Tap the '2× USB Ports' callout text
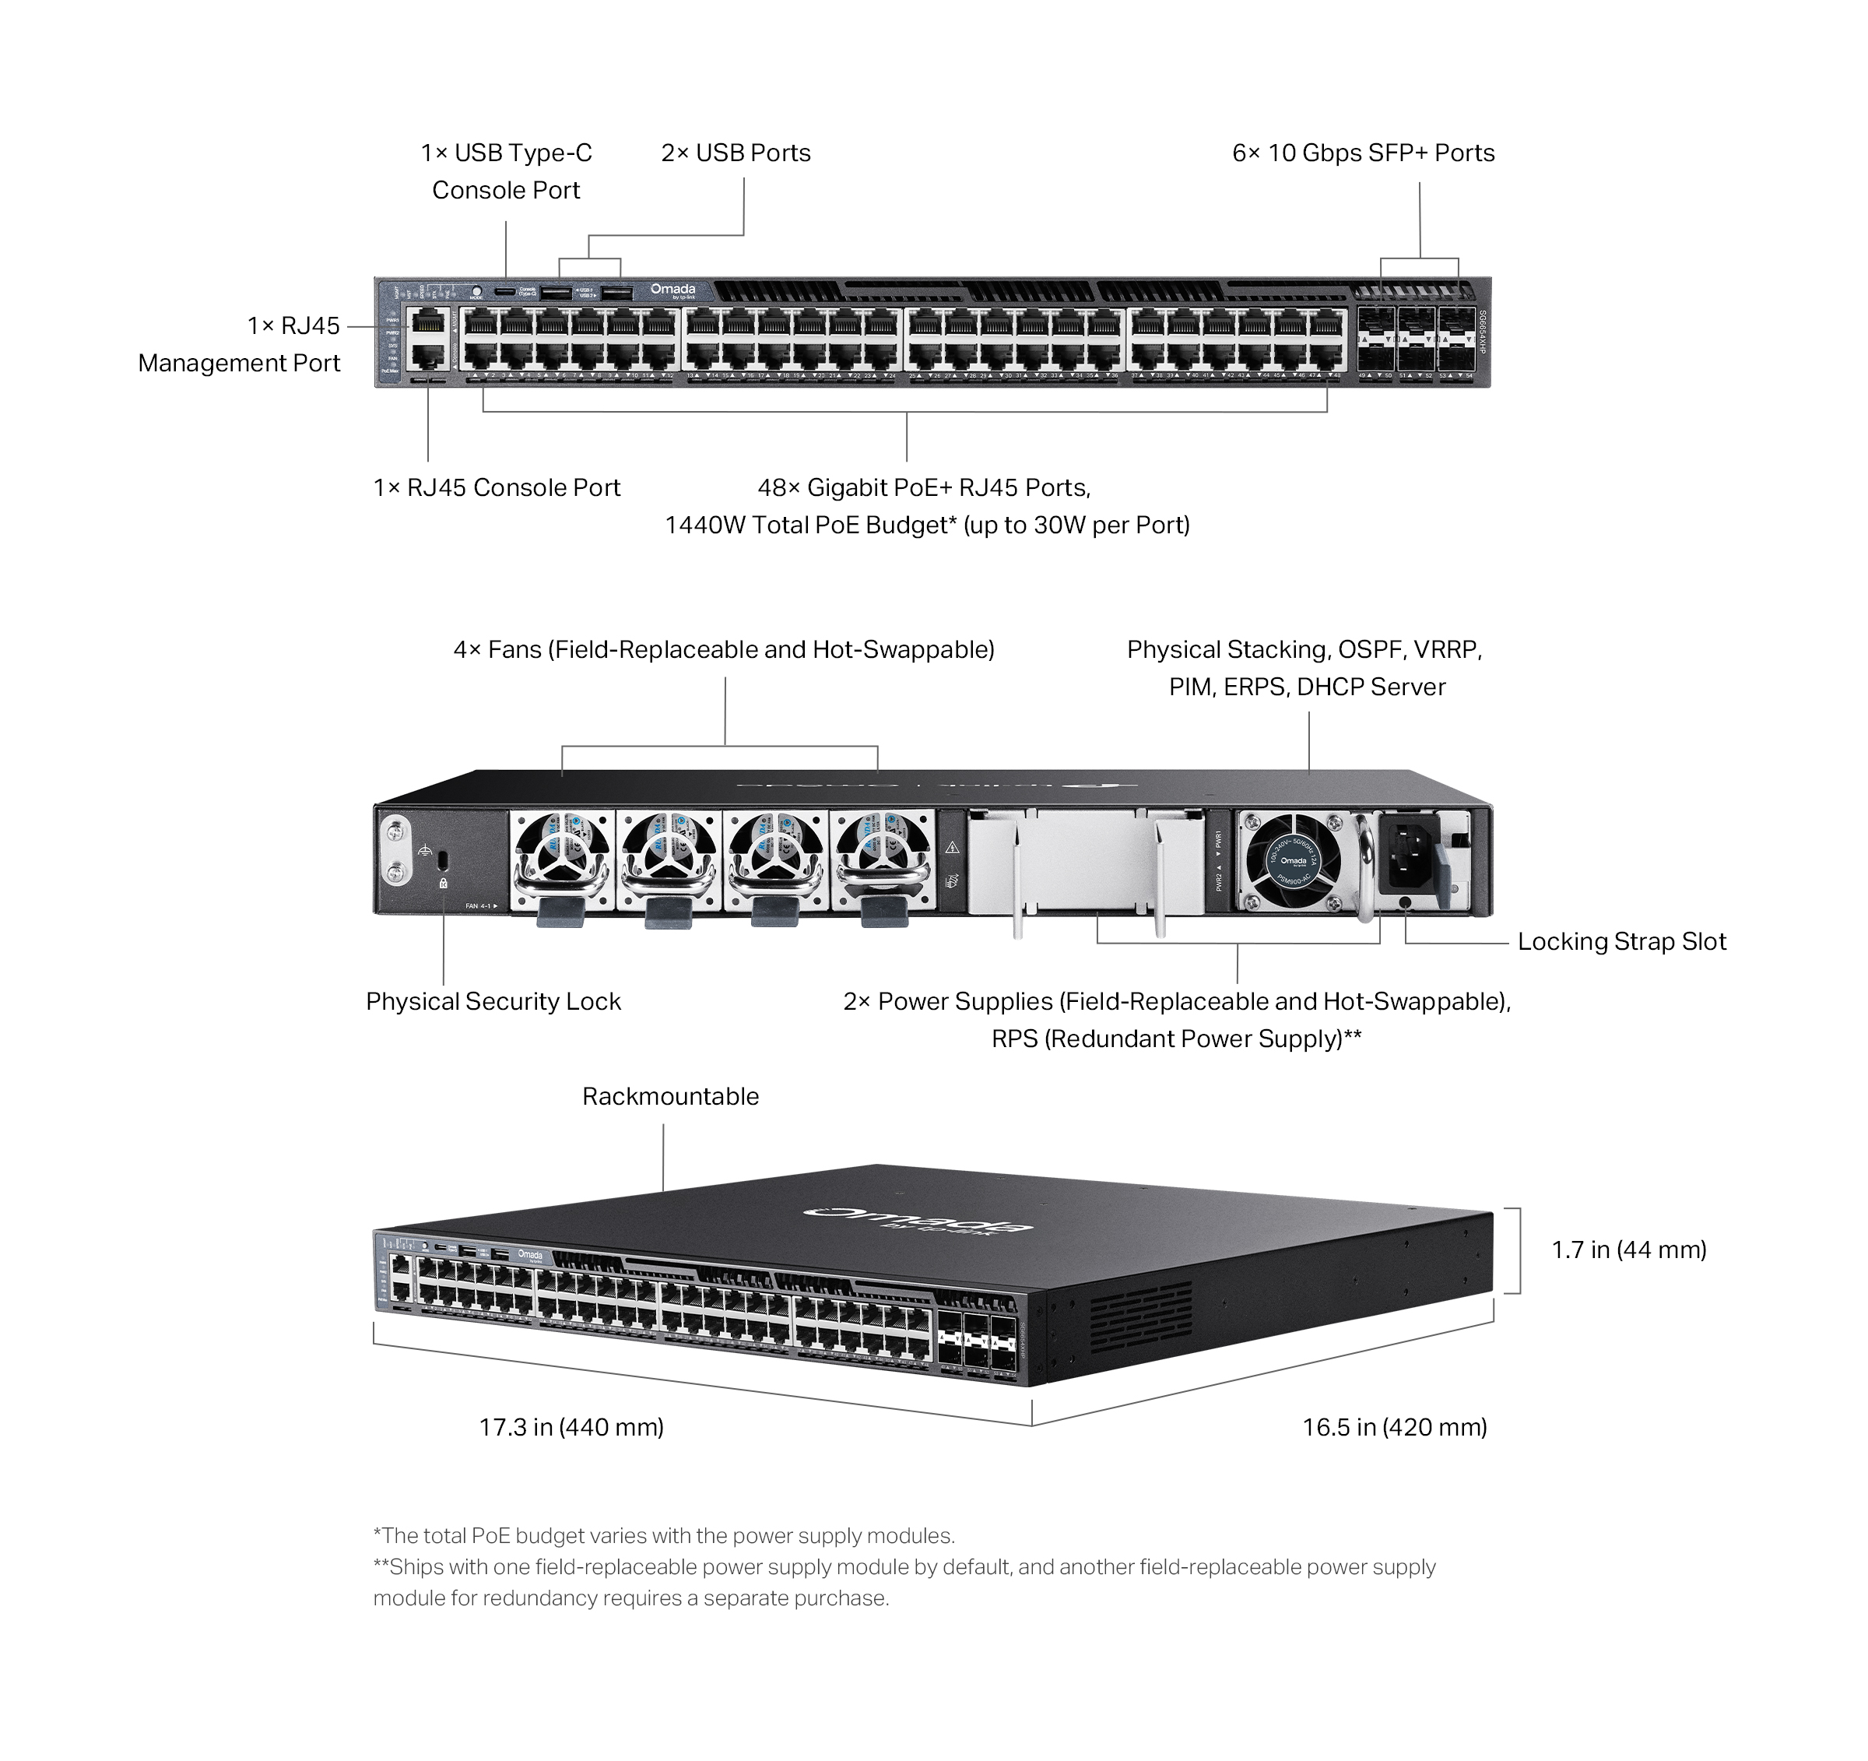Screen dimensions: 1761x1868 (x=735, y=153)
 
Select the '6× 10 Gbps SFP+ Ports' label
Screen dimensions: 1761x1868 (x=1363, y=153)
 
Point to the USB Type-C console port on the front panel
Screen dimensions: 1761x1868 (x=504, y=291)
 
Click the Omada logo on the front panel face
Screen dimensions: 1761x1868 (x=672, y=290)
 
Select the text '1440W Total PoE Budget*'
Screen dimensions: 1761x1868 (x=811, y=525)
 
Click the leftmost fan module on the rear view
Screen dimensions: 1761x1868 (x=561, y=859)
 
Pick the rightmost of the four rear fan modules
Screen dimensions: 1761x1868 (x=883, y=859)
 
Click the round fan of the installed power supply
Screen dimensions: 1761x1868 (x=1293, y=859)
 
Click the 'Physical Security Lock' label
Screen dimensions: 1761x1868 (x=493, y=1002)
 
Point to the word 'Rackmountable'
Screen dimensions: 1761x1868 (x=670, y=1097)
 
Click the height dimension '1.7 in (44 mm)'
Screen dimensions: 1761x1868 (x=1627, y=1250)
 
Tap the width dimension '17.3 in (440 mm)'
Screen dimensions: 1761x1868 (x=571, y=1427)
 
